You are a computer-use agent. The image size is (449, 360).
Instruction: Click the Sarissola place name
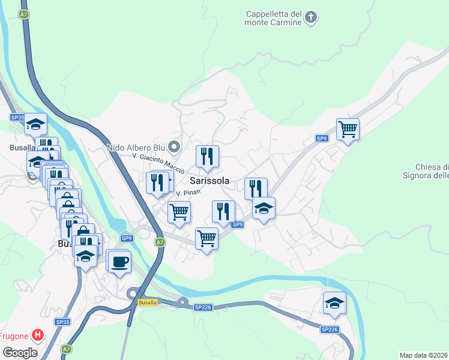[209, 180]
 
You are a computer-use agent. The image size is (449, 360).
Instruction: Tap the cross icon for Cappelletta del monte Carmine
[310, 17]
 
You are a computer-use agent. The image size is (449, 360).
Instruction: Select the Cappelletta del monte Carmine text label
[273, 18]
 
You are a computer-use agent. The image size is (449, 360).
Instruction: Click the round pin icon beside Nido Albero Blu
[174, 146]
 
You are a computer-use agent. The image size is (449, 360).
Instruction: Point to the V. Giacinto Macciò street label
[158, 159]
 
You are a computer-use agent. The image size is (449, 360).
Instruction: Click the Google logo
[20, 352]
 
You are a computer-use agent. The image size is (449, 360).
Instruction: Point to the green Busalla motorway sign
[147, 302]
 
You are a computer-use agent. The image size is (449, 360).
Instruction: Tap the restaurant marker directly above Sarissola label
[207, 157]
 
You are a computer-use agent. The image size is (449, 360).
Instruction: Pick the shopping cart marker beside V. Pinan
[179, 212]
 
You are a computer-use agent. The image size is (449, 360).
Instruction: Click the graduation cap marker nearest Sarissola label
[263, 208]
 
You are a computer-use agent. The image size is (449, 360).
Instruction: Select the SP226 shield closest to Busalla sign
[203, 307]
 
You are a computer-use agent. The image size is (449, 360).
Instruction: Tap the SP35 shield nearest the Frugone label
[63, 322]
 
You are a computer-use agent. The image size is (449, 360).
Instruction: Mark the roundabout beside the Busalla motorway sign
[133, 293]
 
